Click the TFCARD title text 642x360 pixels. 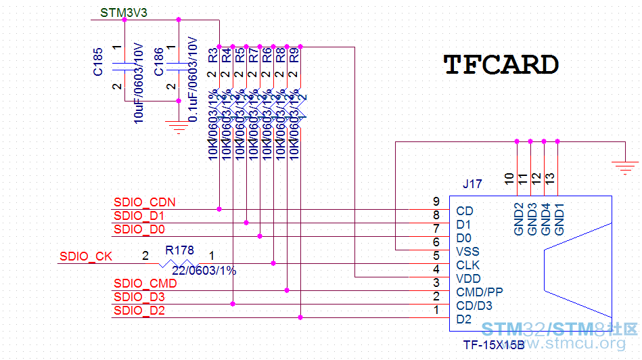click(501, 64)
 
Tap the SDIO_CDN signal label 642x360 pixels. click(145, 202)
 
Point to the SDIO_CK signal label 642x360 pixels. click(86, 256)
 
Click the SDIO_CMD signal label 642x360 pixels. click(145, 284)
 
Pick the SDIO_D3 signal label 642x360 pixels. click(139, 297)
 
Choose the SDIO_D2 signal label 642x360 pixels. click(139, 311)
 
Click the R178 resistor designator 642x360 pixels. click(179, 250)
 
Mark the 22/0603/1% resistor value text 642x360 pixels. click(204, 270)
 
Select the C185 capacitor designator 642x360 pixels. click(98, 61)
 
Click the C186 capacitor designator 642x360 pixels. click(158, 61)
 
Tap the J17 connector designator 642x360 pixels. click(472, 183)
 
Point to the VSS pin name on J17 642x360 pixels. click(467, 252)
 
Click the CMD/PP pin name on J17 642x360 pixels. click(480, 292)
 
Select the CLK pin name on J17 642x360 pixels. click(468, 265)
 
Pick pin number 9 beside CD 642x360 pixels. click(436, 202)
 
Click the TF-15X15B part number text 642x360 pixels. click(494, 344)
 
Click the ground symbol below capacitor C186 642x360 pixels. click(178, 126)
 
